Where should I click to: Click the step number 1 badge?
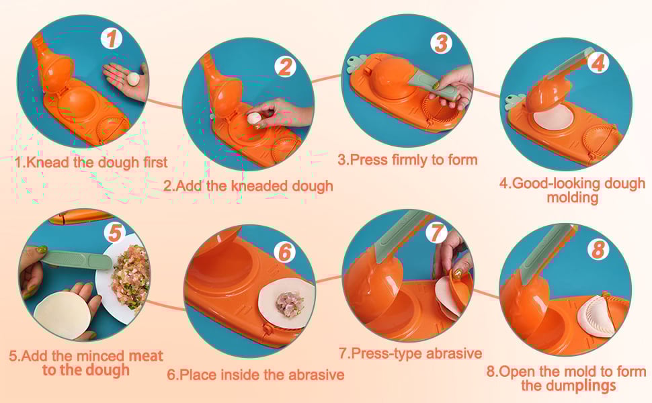[x=112, y=38]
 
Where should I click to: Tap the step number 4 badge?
[x=598, y=63]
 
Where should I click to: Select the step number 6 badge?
[x=285, y=252]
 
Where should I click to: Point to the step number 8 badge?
[x=598, y=250]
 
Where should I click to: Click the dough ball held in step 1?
[x=134, y=79]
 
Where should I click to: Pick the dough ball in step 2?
[x=253, y=118]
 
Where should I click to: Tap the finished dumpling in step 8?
[x=597, y=316]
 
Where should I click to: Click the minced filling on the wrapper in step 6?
[x=286, y=304]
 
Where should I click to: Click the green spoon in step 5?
[x=77, y=260]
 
